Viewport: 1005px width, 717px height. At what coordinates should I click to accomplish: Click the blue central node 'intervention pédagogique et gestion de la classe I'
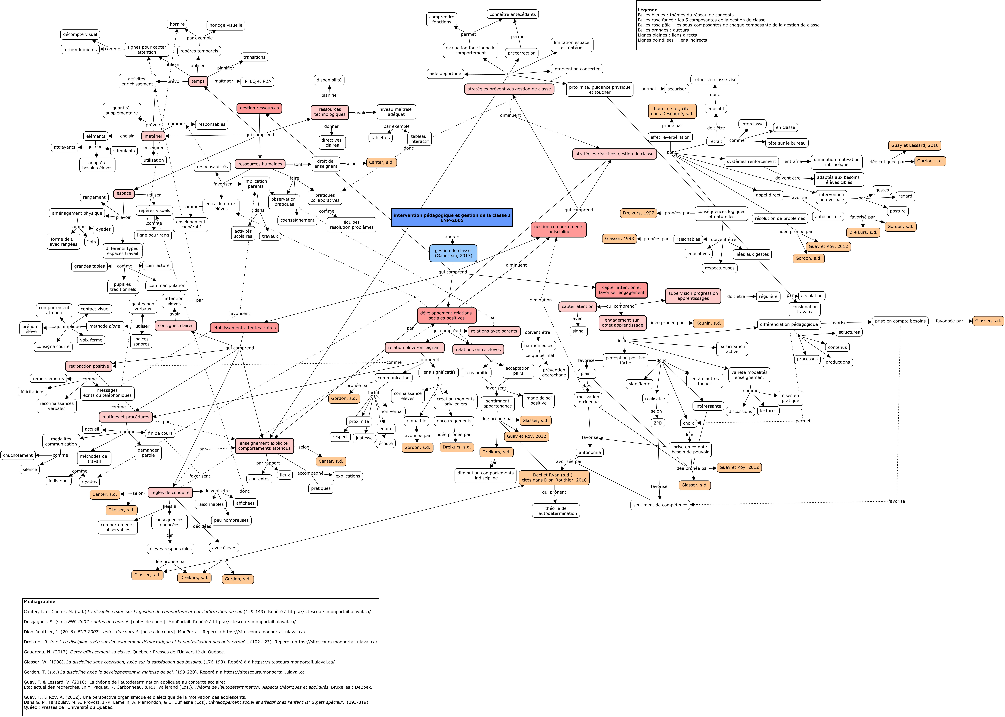[452, 217]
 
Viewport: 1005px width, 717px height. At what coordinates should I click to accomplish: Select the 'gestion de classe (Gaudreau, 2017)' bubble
[453, 253]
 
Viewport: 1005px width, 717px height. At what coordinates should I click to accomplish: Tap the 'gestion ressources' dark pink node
[259, 108]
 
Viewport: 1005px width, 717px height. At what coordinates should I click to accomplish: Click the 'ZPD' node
[658, 423]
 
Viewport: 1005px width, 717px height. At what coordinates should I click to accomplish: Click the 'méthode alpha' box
[105, 326]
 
